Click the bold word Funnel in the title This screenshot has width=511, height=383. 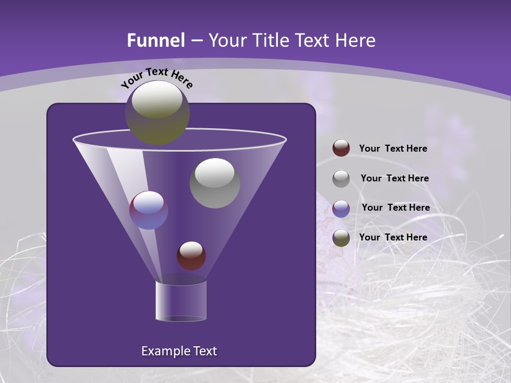click(155, 40)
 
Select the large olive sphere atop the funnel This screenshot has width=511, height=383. click(157, 112)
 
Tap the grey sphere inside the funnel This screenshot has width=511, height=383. click(215, 182)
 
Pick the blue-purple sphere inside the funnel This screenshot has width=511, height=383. click(149, 210)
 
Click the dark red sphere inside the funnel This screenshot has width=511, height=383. click(191, 255)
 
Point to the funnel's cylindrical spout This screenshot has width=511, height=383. click(180, 301)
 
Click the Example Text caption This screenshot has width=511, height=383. click(179, 351)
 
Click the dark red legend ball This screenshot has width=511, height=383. click(341, 148)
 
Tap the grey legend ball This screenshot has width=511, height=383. click(341, 179)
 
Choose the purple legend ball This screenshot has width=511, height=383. click(341, 209)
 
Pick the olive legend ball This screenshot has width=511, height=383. click(341, 238)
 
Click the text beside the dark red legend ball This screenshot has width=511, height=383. click(393, 149)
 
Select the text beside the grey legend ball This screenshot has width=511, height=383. click(394, 179)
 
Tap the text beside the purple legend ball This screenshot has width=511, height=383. click(395, 208)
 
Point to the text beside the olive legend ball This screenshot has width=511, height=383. click(393, 237)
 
